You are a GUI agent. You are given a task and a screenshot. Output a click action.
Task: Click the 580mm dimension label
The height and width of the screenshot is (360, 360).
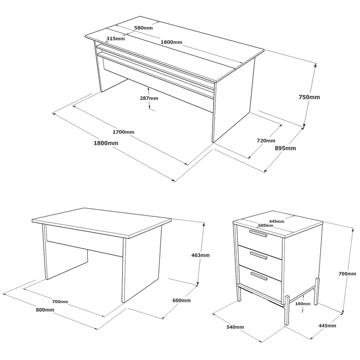tap(143, 28)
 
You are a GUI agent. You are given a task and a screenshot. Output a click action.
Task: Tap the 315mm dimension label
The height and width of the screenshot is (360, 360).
tap(116, 38)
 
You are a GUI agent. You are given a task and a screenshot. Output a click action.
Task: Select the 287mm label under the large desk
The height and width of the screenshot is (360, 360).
tap(149, 98)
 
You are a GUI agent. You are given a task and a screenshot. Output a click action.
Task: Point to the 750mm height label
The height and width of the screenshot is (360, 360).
tap(309, 97)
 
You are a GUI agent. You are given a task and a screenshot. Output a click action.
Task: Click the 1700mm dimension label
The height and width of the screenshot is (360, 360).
tap(123, 132)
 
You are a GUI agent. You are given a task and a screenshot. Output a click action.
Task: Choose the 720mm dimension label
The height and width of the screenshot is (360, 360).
tap(266, 141)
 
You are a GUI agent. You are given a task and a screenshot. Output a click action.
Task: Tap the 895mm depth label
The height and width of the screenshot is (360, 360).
tap(286, 148)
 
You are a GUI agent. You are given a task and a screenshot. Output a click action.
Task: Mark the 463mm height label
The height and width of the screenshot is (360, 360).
tap(201, 255)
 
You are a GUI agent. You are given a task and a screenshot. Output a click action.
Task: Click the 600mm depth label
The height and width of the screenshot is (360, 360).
tap(181, 300)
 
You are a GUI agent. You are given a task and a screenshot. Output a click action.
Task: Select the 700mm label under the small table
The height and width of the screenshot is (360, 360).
tap(60, 302)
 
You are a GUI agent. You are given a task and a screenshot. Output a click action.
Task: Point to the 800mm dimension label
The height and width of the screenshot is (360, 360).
tap(45, 310)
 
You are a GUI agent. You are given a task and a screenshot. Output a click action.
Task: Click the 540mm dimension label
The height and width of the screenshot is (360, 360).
tap(235, 327)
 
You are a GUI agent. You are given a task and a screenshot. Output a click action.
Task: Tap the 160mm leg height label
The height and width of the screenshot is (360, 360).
tap(302, 304)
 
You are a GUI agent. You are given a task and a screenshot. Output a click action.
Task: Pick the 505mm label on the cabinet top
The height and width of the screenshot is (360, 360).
tap(265, 226)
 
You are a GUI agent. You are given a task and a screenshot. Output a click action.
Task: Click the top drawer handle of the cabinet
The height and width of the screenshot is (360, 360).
tap(258, 233)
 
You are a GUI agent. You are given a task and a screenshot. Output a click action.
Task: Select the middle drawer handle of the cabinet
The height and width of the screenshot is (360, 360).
tap(259, 255)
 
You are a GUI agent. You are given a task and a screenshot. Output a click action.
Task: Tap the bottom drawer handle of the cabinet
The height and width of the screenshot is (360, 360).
tap(259, 276)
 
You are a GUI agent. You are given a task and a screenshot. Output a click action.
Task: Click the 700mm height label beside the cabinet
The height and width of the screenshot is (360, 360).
tap(348, 274)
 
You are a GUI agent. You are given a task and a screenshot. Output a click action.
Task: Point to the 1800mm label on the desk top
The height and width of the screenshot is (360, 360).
tap(171, 42)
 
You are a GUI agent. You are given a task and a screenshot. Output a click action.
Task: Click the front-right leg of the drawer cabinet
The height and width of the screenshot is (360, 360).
tap(287, 310)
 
